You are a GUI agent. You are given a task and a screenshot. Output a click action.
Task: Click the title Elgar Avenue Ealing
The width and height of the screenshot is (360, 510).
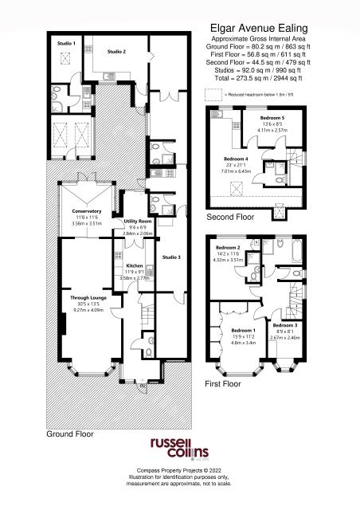coord(260,26)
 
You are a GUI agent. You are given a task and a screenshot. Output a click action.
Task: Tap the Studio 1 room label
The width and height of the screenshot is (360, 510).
coord(67,42)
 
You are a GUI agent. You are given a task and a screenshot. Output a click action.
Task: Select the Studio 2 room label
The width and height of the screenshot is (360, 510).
coord(117,51)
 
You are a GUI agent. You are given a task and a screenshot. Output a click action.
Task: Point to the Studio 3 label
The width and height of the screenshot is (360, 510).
coord(171,257)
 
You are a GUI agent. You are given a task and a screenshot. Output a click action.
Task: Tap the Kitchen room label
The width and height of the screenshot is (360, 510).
coord(134,265)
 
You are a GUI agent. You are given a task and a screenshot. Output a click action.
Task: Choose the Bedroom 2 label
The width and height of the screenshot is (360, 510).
coord(229,248)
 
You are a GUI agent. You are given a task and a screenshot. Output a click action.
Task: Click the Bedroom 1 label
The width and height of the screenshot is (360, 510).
coord(243,330)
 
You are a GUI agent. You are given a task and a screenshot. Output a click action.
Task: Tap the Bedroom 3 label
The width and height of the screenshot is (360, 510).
coord(284,325)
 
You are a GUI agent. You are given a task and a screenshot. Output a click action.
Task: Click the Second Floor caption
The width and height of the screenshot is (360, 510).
coord(229,217)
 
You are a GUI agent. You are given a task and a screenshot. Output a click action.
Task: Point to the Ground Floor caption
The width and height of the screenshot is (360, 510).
coord(68,434)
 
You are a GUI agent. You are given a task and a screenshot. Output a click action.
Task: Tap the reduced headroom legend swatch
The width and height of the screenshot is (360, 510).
coord(213,93)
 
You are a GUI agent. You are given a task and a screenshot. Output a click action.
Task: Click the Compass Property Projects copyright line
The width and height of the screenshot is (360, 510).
coord(179,471)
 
